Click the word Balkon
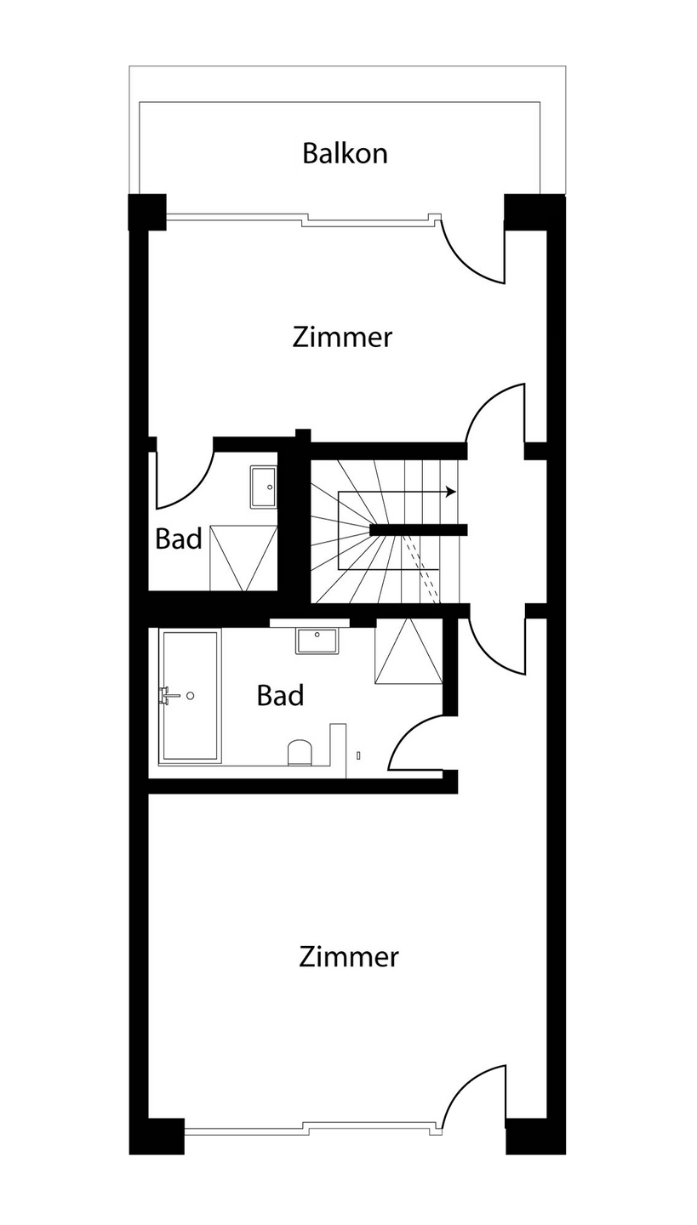click(345, 154)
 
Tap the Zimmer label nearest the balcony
click(342, 337)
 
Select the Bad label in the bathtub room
click(280, 696)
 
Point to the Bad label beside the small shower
click(179, 538)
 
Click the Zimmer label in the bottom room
click(349, 957)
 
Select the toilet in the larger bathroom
click(300, 753)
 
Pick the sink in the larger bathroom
click(317, 640)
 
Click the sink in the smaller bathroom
click(264, 487)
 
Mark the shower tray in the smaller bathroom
click(243, 558)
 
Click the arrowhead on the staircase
click(452, 492)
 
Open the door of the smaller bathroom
click(183, 476)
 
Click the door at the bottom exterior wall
click(477, 1097)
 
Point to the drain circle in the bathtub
click(191, 695)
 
